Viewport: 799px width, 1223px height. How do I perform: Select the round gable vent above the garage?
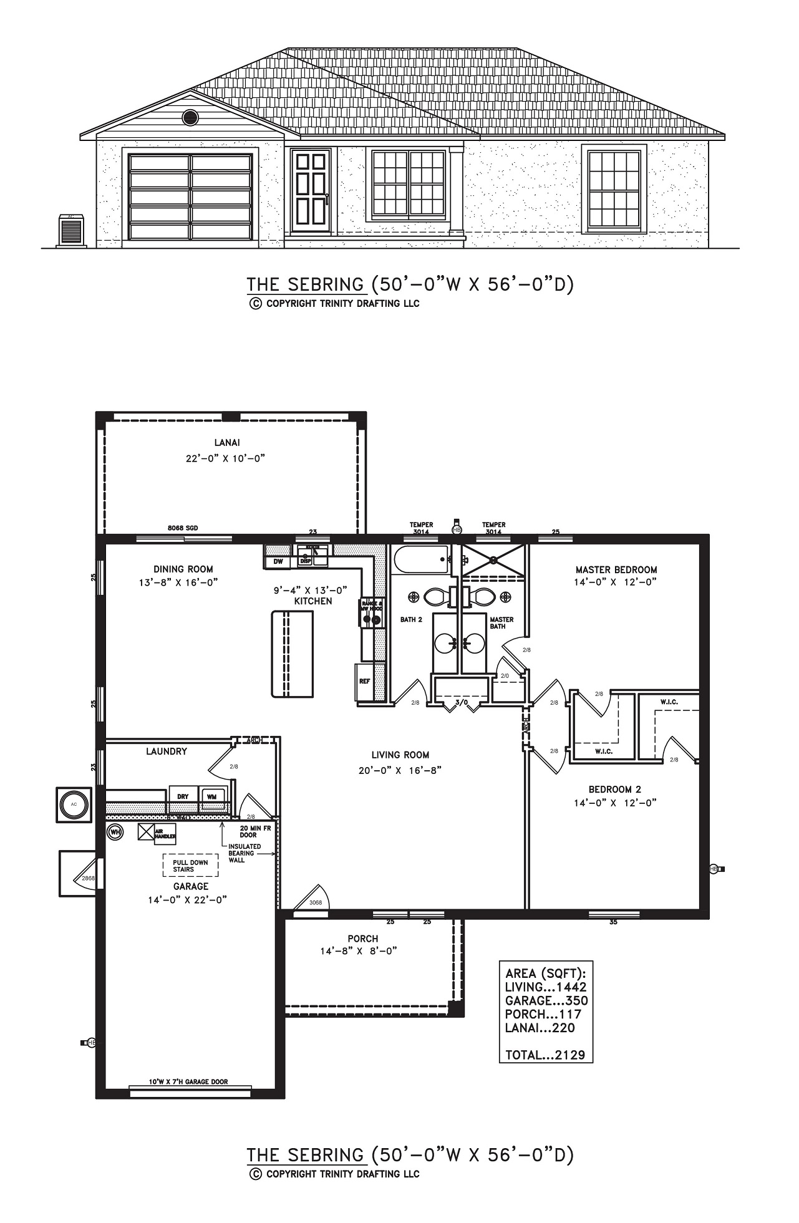(x=190, y=117)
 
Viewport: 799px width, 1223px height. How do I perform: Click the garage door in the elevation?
(x=190, y=196)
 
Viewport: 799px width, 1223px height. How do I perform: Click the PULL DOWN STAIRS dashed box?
(x=191, y=866)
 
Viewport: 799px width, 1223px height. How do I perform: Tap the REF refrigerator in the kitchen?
(x=364, y=681)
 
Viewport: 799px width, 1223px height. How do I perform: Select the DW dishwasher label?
(x=278, y=562)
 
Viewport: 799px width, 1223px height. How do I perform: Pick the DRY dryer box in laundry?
(x=183, y=797)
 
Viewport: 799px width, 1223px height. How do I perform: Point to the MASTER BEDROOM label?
(x=616, y=569)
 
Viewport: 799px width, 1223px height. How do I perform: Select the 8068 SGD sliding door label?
(x=183, y=528)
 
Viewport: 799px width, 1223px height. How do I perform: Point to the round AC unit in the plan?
(x=74, y=805)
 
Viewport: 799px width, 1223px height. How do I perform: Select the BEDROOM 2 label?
(x=614, y=789)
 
